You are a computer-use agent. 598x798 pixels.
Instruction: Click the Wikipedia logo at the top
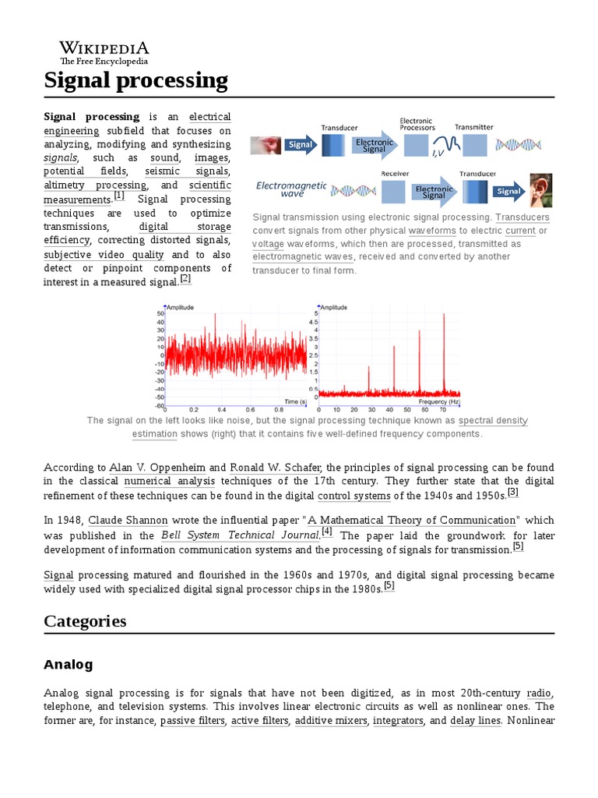104,51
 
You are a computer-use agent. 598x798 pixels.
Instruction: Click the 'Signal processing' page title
135,80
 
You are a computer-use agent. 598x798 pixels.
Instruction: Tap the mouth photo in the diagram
264,144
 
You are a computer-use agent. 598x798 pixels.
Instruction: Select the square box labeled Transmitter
474,145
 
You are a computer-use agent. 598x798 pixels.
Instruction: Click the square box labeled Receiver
394,191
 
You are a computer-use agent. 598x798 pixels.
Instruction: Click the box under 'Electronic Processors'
416,145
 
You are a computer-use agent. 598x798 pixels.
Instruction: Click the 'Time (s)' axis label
295,401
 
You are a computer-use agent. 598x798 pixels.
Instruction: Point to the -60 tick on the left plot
160,406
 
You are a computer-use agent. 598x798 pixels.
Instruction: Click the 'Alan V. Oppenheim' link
157,468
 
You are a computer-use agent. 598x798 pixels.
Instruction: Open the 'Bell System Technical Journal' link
240,535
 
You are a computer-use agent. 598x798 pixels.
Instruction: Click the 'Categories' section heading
85,621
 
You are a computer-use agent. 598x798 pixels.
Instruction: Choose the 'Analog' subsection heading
69,665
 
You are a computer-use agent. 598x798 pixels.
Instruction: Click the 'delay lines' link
475,721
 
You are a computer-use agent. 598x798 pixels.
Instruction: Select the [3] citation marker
512,493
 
